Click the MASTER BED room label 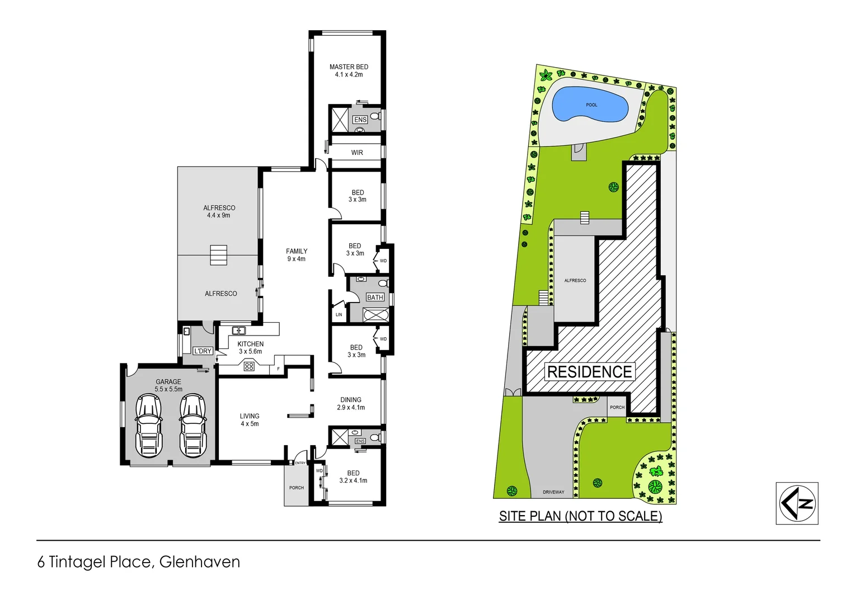pos(349,70)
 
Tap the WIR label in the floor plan pos(357,153)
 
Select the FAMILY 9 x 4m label pos(297,255)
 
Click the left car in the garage pos(149,425)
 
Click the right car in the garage pos(192,425)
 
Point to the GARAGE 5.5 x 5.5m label pos(168,385)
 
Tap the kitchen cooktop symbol pos(249,366)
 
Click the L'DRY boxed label pos(203,351)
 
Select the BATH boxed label pos(375,298)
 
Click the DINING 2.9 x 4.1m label pos(351,404)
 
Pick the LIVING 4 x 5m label pos(250,420)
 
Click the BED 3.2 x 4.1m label pos(353,476)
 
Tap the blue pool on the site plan pos(590,105)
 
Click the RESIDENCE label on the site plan pos(589,372)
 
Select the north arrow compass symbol pos(797,503)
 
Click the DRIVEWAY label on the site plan pos(553,492)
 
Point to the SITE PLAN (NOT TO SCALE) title pos(580,516)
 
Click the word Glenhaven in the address pos(199,562)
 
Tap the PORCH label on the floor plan pos(297,488)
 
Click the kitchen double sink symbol pos(238,331)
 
